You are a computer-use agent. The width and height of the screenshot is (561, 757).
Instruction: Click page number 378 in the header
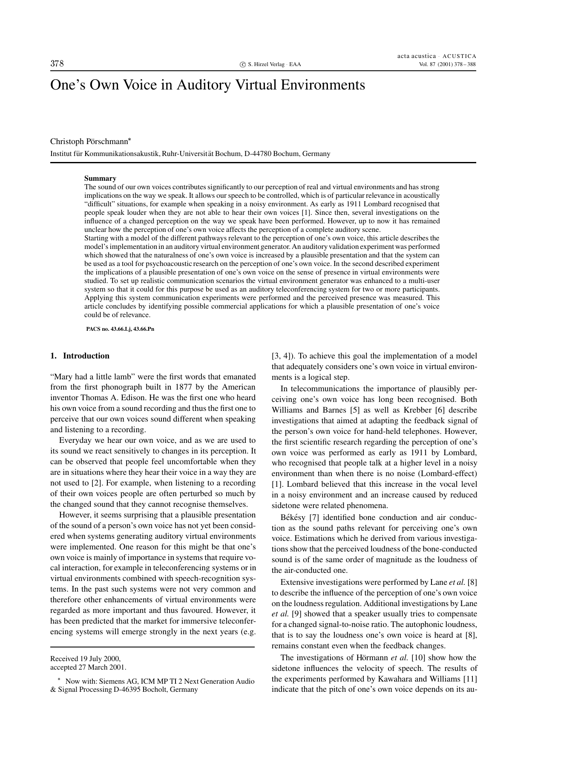pos(57,64)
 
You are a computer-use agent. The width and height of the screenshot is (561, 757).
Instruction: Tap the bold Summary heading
pos(100,178)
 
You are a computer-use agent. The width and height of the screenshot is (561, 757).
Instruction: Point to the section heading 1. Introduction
pos(80,356)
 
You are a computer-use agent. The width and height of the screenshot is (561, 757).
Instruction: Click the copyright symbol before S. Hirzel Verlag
pos(243,65)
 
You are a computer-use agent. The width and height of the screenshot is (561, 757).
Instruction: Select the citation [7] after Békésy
pos(314,517)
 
